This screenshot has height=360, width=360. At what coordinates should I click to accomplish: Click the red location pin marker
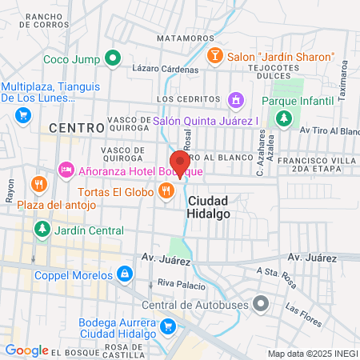[178, 163]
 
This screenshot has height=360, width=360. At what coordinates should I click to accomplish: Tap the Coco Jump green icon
[114, 58]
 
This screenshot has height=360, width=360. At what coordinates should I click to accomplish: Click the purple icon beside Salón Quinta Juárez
[235, 100]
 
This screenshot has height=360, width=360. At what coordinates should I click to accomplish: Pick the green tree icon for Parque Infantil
[283, 119]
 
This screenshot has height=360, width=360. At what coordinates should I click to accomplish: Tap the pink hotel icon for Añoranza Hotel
[66, 170]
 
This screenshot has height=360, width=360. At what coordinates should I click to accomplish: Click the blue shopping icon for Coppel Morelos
[124, 274]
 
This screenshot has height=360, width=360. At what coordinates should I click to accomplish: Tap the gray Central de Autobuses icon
[260, 303]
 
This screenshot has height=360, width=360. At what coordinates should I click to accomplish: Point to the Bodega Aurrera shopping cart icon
[167, 326]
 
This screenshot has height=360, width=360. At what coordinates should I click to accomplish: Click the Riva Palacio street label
[177, 282]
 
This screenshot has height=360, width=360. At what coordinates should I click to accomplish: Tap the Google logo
[26, 350]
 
